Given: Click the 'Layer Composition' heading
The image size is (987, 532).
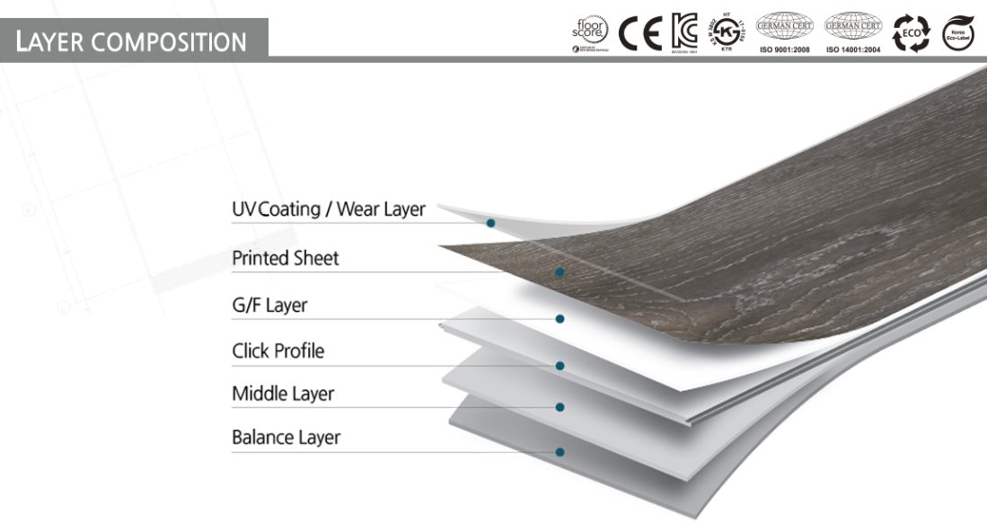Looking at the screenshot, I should [x=131, y=41].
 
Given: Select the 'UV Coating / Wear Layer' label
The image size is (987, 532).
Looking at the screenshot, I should [x=328, y=209].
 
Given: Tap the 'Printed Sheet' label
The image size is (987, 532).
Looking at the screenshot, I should [x=286, y=259].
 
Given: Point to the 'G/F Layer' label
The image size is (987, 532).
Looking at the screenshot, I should [x=269, y=306].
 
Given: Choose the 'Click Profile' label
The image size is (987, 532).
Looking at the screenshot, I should [x=278, y=350].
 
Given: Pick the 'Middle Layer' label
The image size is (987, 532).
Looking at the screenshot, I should [x=283, y=394].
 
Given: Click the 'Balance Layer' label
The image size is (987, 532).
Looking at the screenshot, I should [x=286, y=438].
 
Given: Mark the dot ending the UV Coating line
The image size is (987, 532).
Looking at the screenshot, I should [x=490, y=223].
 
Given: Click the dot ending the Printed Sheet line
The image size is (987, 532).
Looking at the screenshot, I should [x=560, y=271].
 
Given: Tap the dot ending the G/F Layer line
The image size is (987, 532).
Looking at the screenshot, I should [x=560, y=318].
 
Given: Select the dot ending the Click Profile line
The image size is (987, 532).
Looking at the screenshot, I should [x=560, y=366].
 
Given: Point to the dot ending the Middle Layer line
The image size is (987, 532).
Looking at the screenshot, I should [x=560, y=407].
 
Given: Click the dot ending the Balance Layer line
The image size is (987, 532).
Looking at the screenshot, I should [x=560, y=452].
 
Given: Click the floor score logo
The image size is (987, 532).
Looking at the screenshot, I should [x=590, y=33].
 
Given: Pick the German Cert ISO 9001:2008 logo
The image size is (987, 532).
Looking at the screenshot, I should [x=785, y=32].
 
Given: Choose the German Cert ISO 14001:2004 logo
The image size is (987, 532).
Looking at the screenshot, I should [x=853, y=32].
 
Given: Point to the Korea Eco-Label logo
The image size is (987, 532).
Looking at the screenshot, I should [x=958, y=33].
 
